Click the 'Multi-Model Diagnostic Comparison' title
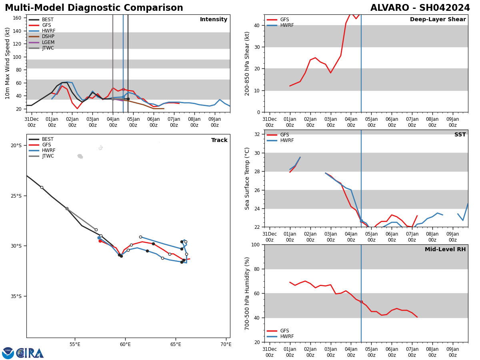coord(94,8)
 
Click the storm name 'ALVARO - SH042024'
coord(420,8)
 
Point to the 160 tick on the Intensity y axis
coord(17,18)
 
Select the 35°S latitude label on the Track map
coord(16,296)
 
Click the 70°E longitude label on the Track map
coord(226,344)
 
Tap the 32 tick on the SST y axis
coord(258,134)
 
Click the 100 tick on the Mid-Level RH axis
coord(255,245)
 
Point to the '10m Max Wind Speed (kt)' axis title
coord(8,63)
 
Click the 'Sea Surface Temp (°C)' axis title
coord(248,178)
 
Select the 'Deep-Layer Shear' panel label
coord(438,20)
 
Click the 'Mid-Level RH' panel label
coord(445,250)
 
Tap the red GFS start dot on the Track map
coord(100,241)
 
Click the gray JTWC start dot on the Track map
coord(67,208)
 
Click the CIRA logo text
coord(30,353)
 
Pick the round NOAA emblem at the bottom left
coord(8,353)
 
